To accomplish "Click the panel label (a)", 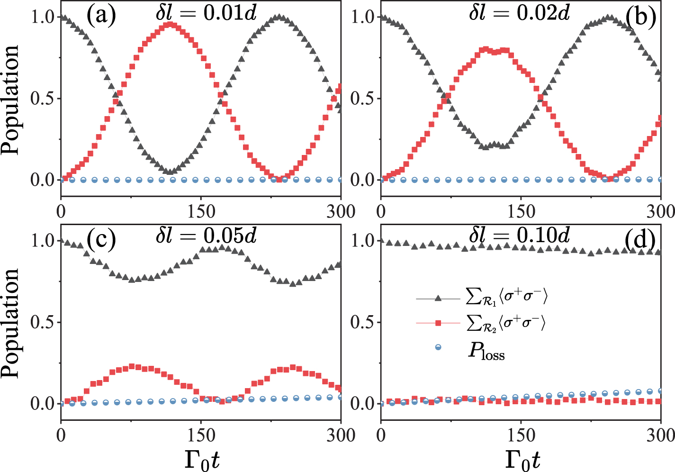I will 100,16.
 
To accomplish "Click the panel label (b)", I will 640,17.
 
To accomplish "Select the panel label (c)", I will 100,240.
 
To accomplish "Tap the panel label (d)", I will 640,241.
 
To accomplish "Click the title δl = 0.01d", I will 206,13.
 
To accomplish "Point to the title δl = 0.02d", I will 519,13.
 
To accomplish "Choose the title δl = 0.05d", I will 206,236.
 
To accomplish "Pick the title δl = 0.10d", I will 519,236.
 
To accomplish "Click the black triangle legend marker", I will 438,298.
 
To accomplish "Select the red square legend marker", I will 438,323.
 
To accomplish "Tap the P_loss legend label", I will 486,352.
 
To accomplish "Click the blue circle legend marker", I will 438,348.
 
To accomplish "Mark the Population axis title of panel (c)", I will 10,323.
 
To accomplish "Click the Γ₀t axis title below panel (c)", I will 201,459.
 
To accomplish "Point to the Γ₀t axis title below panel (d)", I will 522,459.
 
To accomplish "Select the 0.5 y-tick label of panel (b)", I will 362,99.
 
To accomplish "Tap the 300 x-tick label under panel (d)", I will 659,435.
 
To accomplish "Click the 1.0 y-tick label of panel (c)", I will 43,241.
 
